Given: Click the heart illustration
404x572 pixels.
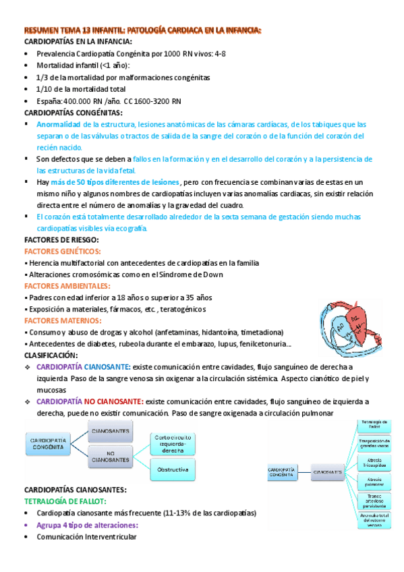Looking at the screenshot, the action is pyautogui.click(x=344, y=321).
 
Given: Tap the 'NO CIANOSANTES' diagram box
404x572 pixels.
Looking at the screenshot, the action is pyautogui.click(x=110, y=455).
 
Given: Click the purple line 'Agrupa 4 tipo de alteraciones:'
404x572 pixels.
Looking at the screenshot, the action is pyautogui.click(x=88, y=525).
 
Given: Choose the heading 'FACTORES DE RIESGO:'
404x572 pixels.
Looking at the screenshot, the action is pyautogui.click(x=61, y=239).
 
